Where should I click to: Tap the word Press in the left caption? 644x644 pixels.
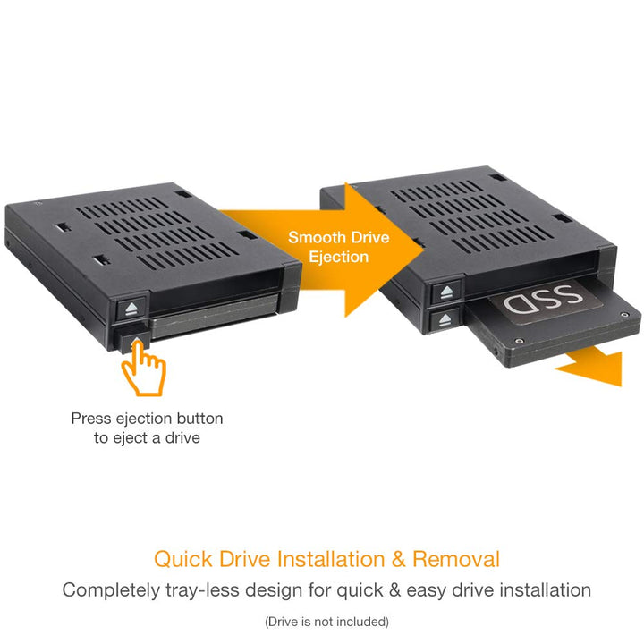point(90,419)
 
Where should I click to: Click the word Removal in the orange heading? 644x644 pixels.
point(457,560)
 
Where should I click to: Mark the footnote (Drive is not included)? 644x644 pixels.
point(326,621)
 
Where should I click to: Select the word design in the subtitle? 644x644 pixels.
point(298,590)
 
